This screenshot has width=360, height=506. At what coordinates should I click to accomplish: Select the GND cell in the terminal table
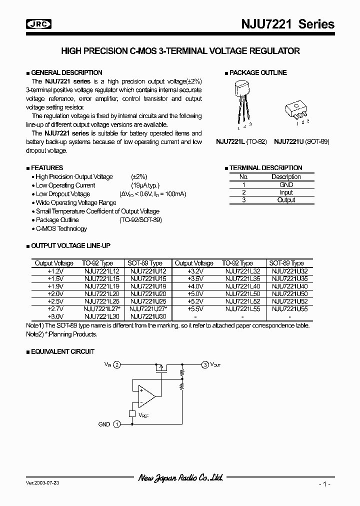point(286,184)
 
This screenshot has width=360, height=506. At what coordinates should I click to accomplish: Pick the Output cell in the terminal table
point(286,200)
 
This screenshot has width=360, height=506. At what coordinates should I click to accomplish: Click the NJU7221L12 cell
point(101,270)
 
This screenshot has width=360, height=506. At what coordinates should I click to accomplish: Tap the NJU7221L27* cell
point(102,309)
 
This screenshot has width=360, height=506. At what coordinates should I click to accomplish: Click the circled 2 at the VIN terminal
point(117,365)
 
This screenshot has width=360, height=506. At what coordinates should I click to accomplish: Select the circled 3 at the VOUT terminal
point(205,365)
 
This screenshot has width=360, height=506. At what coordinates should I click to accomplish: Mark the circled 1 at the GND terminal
point(116,424)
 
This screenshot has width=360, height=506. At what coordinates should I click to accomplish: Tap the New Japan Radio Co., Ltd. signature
point(180,478)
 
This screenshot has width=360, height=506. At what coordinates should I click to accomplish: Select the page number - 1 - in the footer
point(325,484)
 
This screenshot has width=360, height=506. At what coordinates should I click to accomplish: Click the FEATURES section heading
point(47,168)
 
